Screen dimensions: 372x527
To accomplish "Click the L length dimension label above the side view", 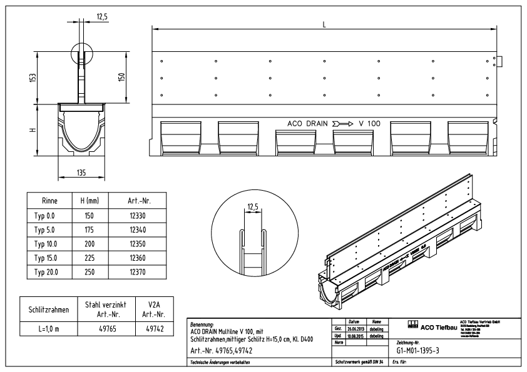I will coord(324,24).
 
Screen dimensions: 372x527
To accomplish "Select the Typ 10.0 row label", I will coord(45,243).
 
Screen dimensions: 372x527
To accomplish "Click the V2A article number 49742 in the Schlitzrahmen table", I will coord(151,328).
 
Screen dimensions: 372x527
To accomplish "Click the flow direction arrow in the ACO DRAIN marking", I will coord(344,124).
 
